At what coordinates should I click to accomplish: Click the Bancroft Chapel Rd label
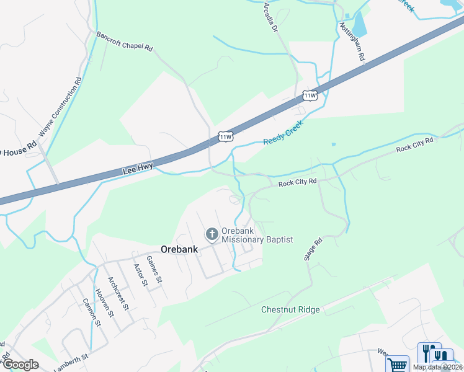coord(124,41)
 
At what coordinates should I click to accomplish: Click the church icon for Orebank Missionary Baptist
coord(212,234)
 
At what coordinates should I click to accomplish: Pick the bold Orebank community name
coord(179,249)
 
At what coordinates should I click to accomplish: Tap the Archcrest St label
coord(117,293)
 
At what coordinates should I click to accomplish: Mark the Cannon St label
coord(91,312)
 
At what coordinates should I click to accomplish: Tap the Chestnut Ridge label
coord(290,309)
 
